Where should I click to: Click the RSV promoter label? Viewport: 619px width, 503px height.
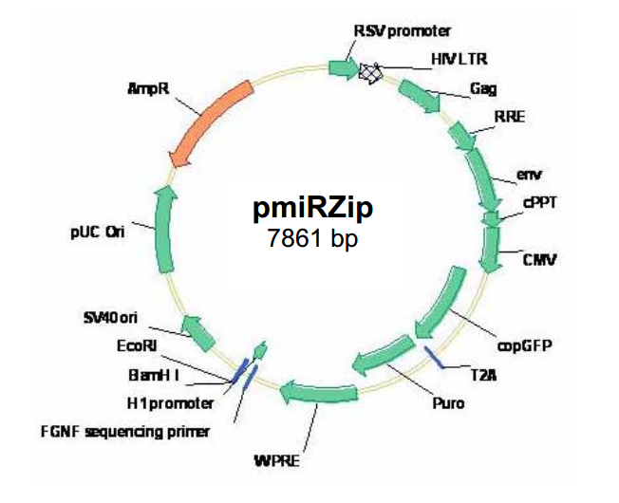coord(403,32)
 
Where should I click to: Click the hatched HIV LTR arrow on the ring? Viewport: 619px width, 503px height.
coord(371,71)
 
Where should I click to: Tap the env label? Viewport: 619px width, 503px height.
coord(528,176)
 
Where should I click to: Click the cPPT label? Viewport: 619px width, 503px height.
coord(532,201)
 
